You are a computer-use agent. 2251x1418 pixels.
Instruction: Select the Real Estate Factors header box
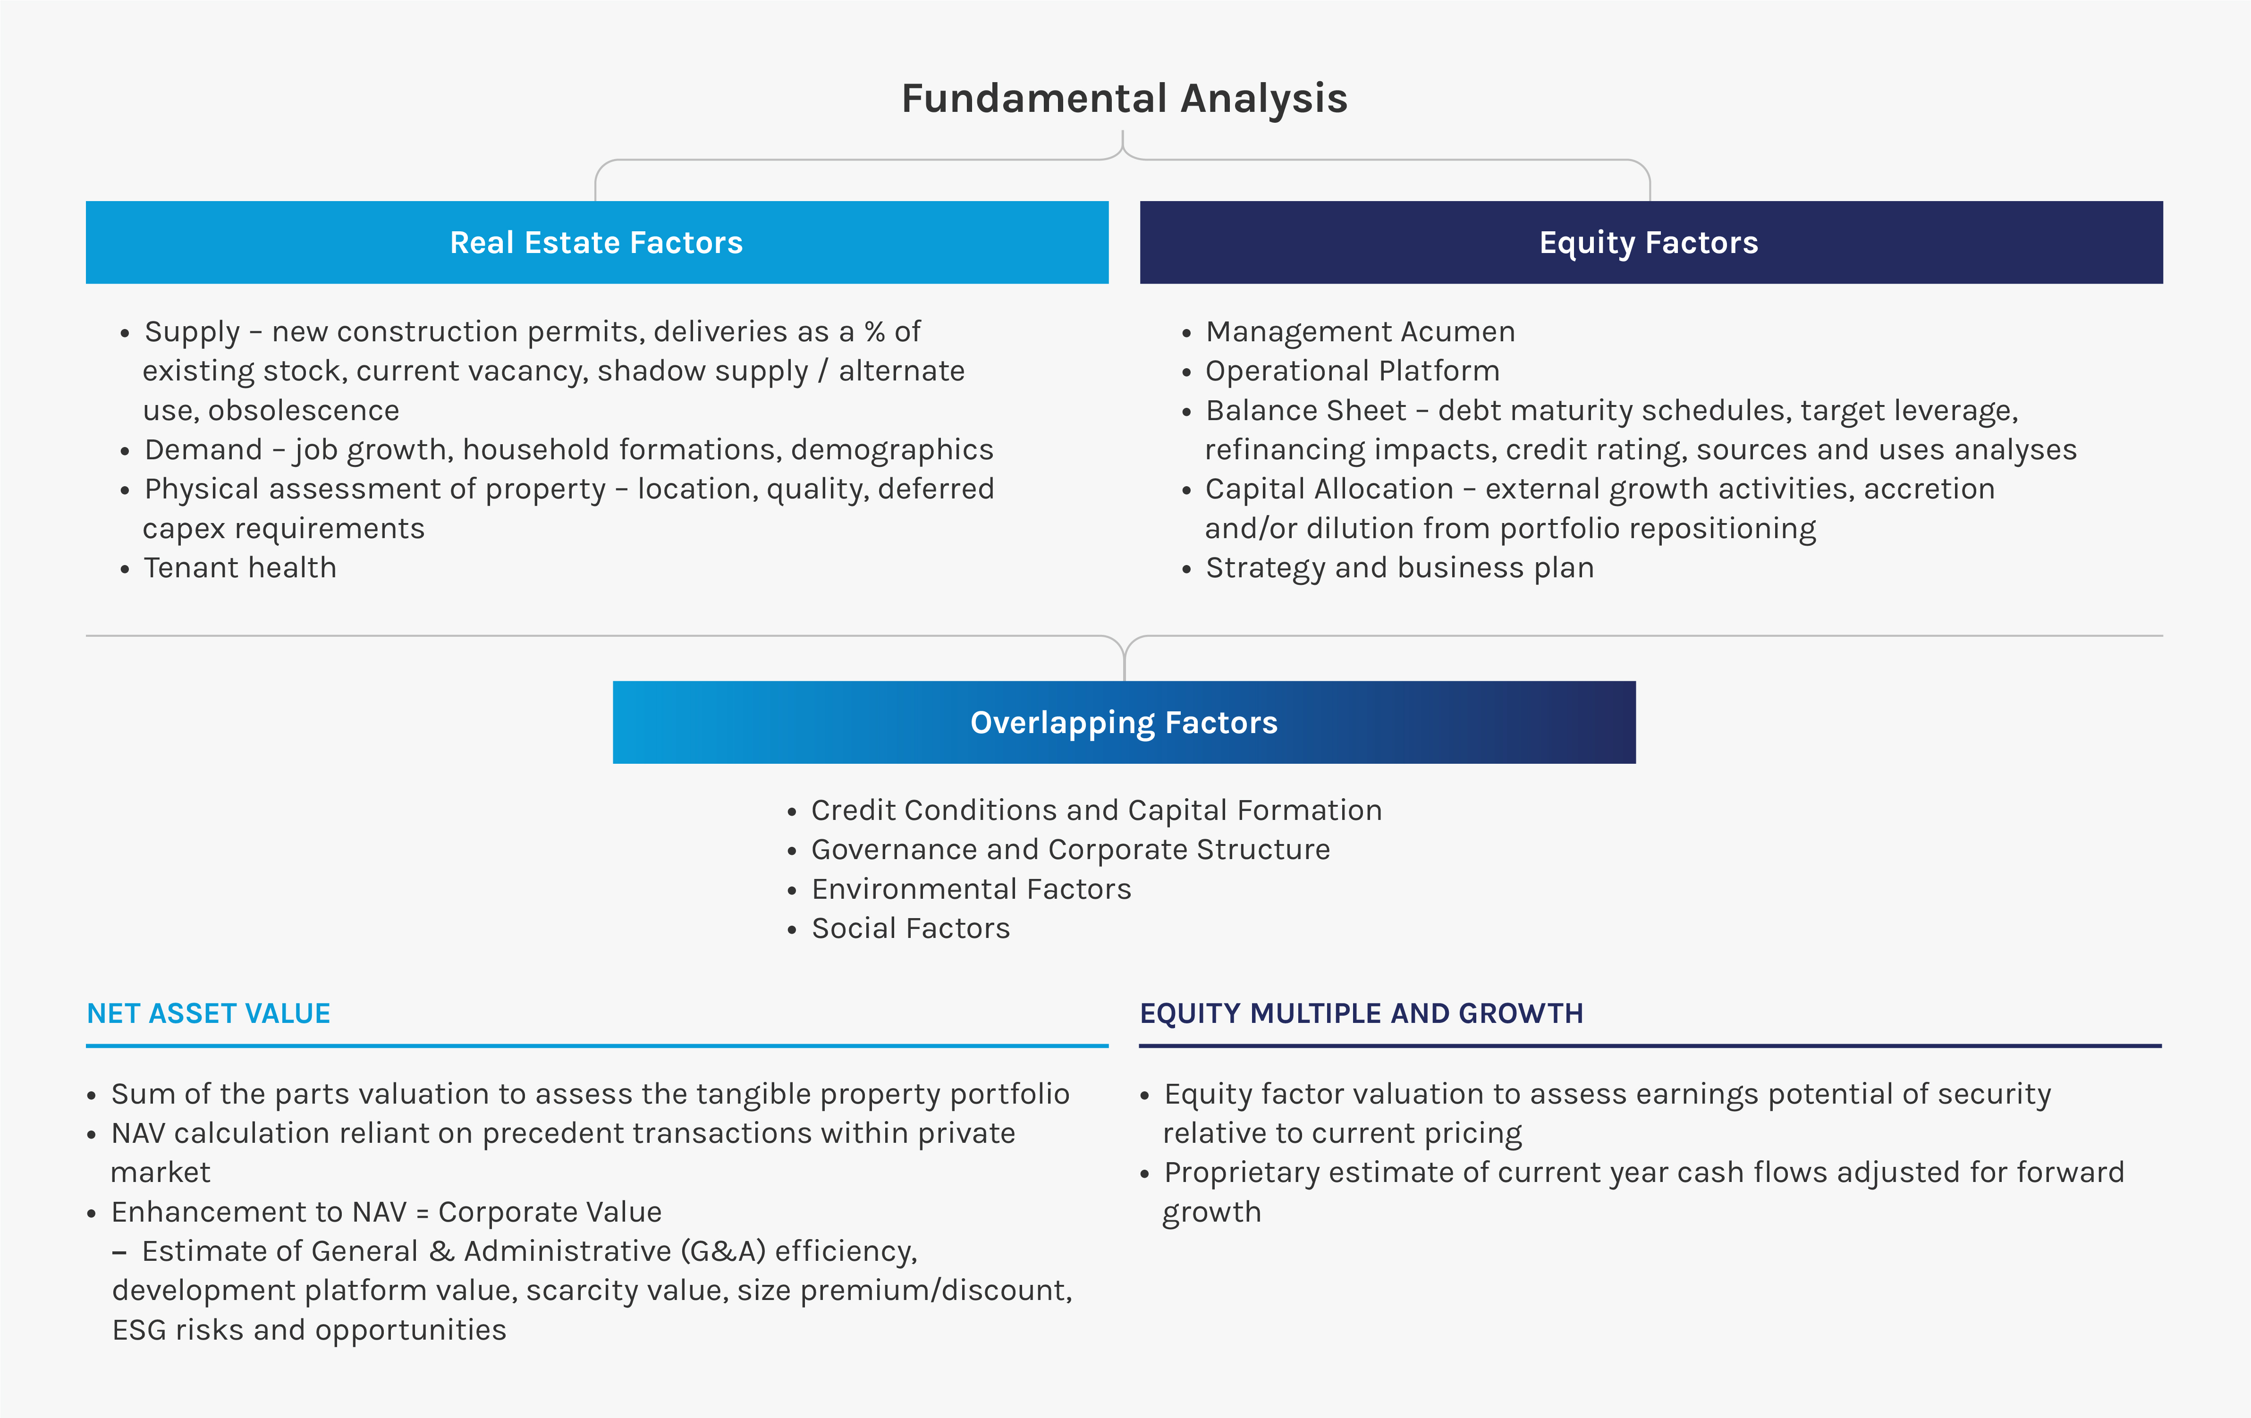click(597, 242)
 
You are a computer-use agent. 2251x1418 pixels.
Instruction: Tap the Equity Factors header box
click(1651, 242)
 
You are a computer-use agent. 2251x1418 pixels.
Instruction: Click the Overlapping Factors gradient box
click(1125, 723)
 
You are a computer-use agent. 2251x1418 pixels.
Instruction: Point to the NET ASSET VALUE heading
click(209, 1013)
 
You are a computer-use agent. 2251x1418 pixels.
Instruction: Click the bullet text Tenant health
click(240, 568)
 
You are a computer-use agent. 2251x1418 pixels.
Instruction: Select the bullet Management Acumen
click(1360, 332)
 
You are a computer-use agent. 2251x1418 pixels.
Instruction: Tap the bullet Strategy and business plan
click(1399, 568)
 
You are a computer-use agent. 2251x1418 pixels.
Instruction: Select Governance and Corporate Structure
click(1070, 850)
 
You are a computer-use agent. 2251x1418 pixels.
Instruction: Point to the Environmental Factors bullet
click(971, 889)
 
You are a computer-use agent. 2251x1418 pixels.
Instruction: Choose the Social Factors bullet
click(911, 928)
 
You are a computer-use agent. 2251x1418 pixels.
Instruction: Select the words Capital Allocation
click(1329, 489)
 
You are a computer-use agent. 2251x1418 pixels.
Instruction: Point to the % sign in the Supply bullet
click(874, 332)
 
